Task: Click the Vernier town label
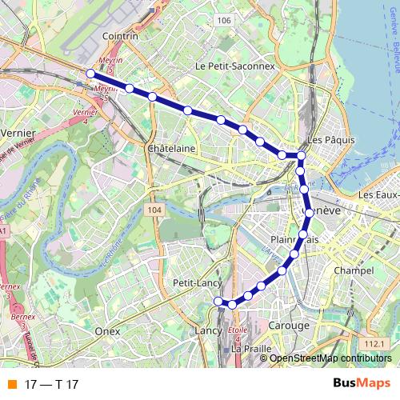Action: coord(19,133)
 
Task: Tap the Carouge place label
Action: coord(289,326)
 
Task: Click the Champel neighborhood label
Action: coord(356,272)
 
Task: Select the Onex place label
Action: coord(106,330)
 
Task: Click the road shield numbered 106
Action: coord(225,20)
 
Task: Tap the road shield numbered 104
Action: coord(155,210)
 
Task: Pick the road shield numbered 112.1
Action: coord(374,343)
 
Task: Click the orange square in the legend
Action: coord(10,385)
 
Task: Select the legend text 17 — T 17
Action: coord(52,385)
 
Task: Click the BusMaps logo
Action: coord(362,384)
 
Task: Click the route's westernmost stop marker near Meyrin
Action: coord(90,74)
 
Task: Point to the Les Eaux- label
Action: coord(378,194)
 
